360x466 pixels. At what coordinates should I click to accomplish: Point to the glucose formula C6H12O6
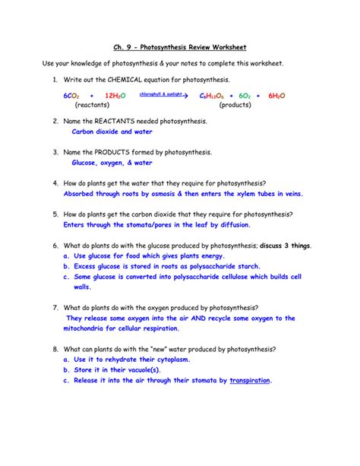click(213, 97)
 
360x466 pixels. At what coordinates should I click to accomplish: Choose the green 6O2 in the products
click(245, 97)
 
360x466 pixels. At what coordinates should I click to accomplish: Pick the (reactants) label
click(93, 106)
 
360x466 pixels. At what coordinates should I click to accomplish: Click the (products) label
click(236, 106)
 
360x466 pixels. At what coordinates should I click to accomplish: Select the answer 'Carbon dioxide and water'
click(112, 132)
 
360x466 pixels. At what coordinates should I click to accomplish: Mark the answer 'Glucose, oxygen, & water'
click(112, 163)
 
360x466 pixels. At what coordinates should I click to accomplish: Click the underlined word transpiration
click(250, 381)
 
